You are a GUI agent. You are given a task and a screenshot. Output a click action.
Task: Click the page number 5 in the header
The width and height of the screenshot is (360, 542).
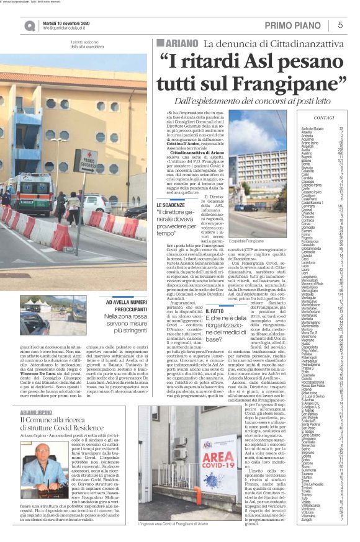pyautogui.click(x=340, y=25)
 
